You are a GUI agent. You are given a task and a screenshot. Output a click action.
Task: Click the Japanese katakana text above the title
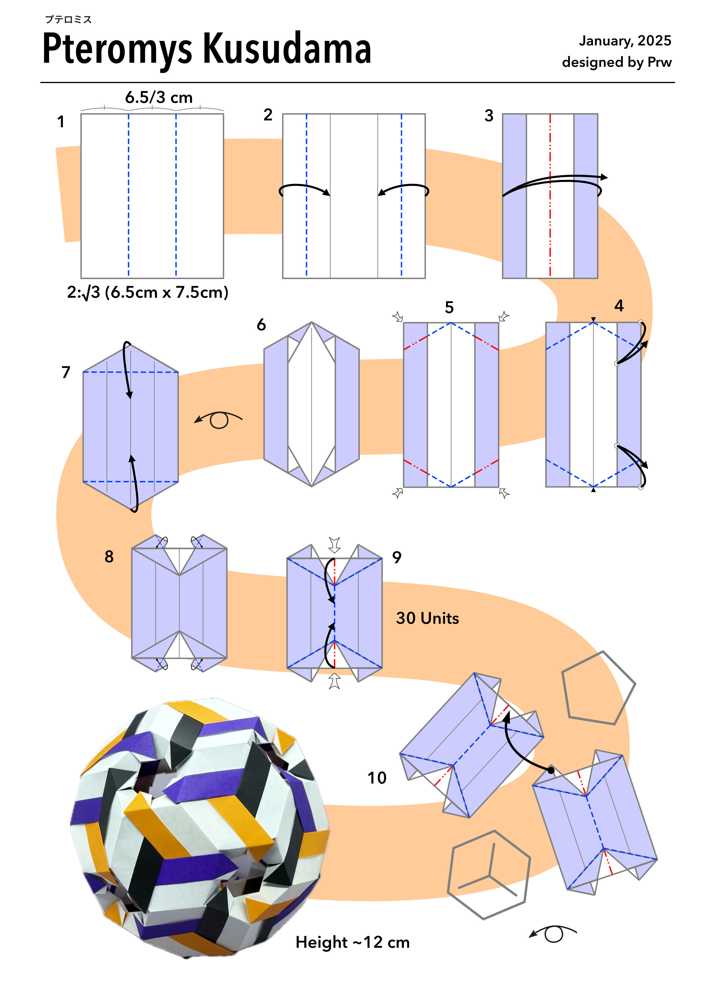68,19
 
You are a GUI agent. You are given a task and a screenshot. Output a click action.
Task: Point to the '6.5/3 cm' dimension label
159,97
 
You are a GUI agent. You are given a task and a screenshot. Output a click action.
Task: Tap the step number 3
489,116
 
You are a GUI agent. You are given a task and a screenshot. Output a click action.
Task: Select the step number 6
261,325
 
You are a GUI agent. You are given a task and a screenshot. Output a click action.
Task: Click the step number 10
377,778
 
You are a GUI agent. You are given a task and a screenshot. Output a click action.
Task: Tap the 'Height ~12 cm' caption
352,942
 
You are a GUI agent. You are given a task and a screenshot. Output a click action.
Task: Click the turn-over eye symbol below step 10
553,933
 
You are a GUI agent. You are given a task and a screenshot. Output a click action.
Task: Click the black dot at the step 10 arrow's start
551,771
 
